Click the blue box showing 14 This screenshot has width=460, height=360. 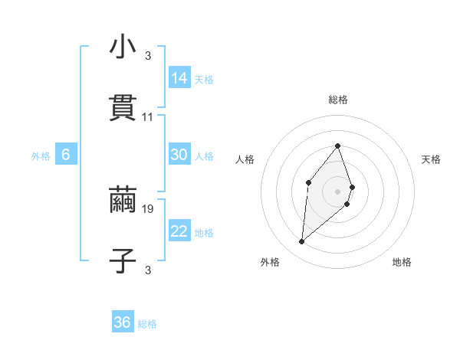[x=179, y=78]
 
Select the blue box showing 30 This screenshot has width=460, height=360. [x=179, y=155]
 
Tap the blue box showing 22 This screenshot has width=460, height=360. [x=179, y=231]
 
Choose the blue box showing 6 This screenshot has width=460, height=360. [x=66, y=155]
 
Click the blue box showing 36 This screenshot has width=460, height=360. [x=123, y=322]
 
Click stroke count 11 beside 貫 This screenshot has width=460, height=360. [x=148, y=117]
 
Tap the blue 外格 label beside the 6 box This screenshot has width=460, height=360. [x=41, y=156]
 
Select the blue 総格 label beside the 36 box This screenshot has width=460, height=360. [x=147, y=324]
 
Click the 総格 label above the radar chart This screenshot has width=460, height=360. [x=338, y=100]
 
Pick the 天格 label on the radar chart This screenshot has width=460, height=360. [x=432, y=159]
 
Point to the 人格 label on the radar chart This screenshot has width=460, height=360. [x=245, y=159]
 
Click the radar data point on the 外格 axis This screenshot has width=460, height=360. [x=302, y=242]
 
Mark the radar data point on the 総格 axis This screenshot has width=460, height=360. [x=338, y=146]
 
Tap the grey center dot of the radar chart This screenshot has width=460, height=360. [x=338, y=191]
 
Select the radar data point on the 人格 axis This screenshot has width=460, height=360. [x=308, y=182]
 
